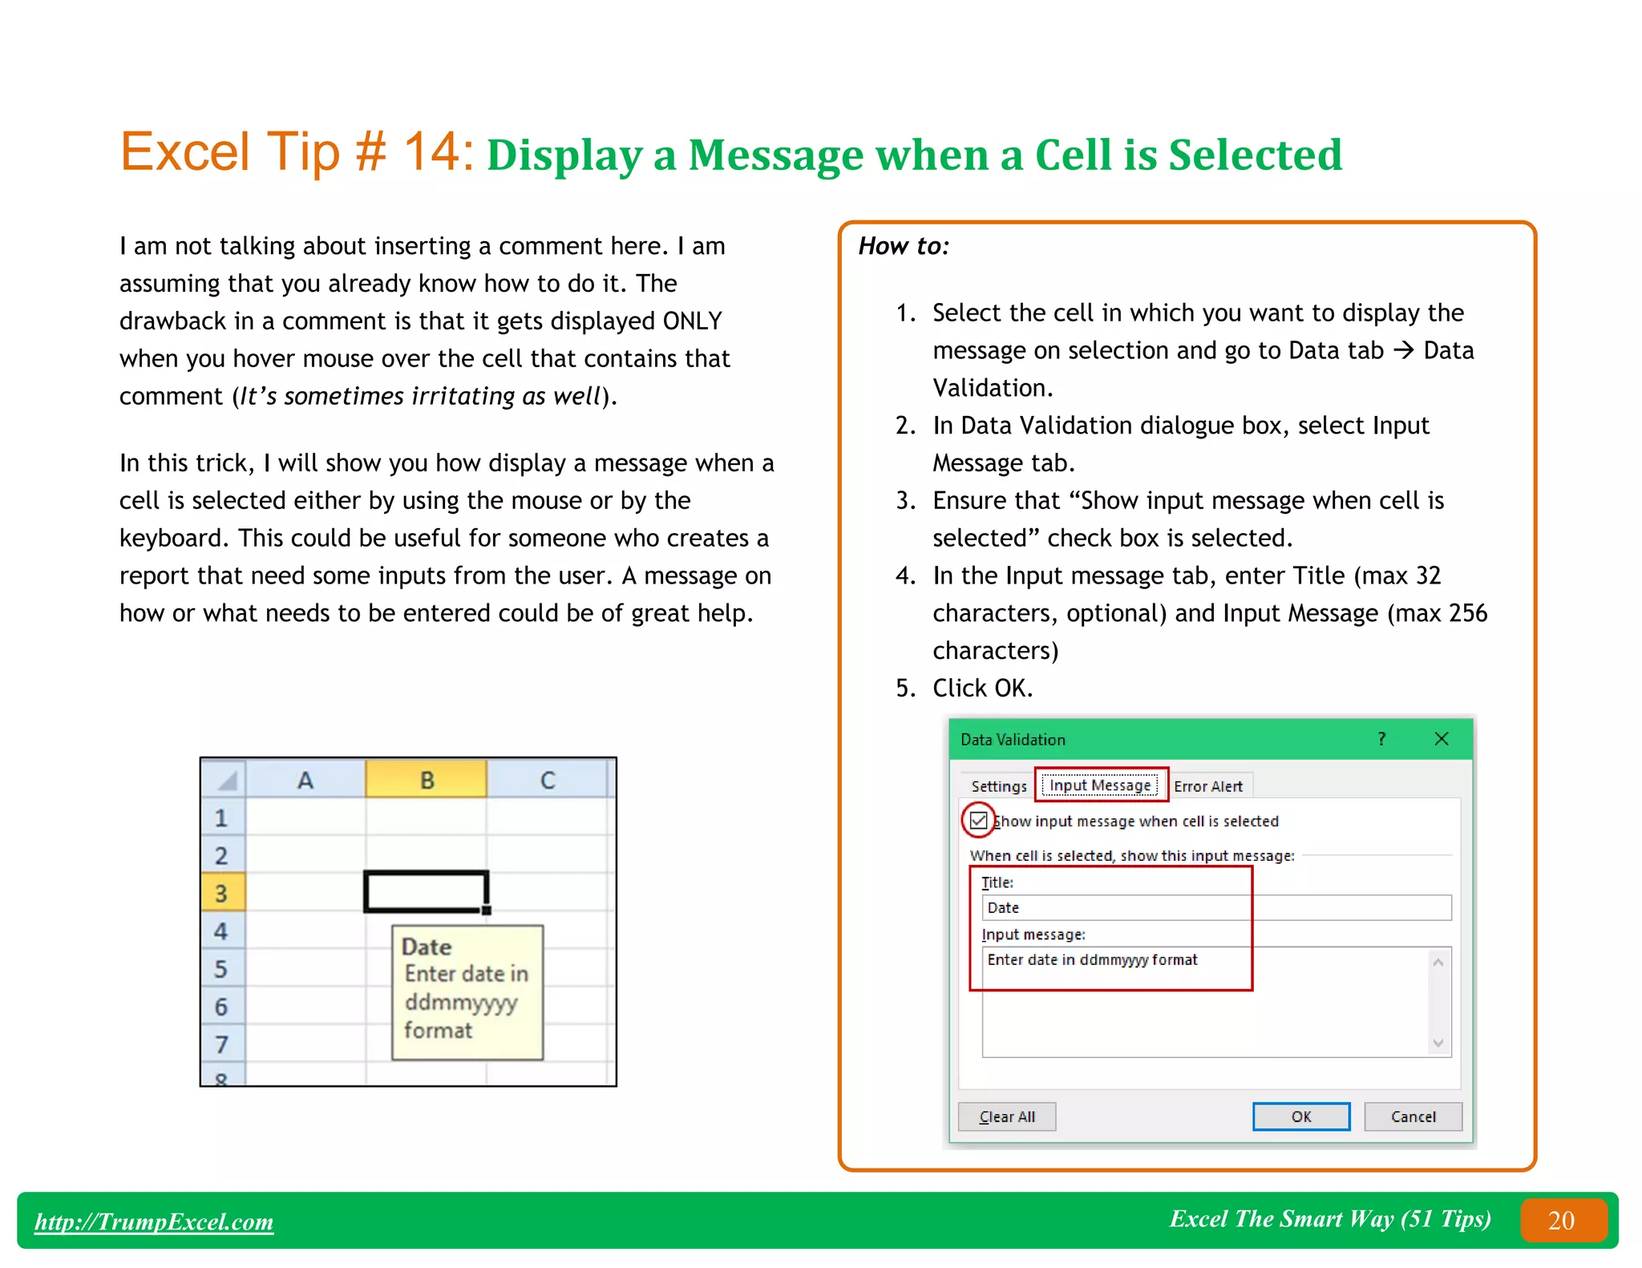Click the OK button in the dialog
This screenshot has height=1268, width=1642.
1300,1117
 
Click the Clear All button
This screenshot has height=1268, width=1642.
1007,1117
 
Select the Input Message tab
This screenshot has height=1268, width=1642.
1100,785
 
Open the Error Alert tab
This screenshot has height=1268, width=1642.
1207,786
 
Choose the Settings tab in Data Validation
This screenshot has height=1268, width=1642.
998,786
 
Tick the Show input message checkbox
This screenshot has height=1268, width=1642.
978,820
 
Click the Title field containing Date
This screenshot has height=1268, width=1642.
1215,907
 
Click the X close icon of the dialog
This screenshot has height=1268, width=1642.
1441,739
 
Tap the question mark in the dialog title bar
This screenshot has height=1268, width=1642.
1381,739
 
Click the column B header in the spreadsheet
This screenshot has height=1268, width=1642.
427,780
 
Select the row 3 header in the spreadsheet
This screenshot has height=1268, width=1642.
221,893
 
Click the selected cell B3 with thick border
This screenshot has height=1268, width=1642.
426,891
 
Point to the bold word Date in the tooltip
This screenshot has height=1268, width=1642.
426,947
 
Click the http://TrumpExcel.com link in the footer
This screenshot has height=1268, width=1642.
154,1222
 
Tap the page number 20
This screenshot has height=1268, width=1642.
1561,1220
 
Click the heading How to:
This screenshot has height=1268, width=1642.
904,246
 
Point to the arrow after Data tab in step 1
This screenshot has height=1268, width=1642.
1403,350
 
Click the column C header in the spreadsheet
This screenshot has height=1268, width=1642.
548,780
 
